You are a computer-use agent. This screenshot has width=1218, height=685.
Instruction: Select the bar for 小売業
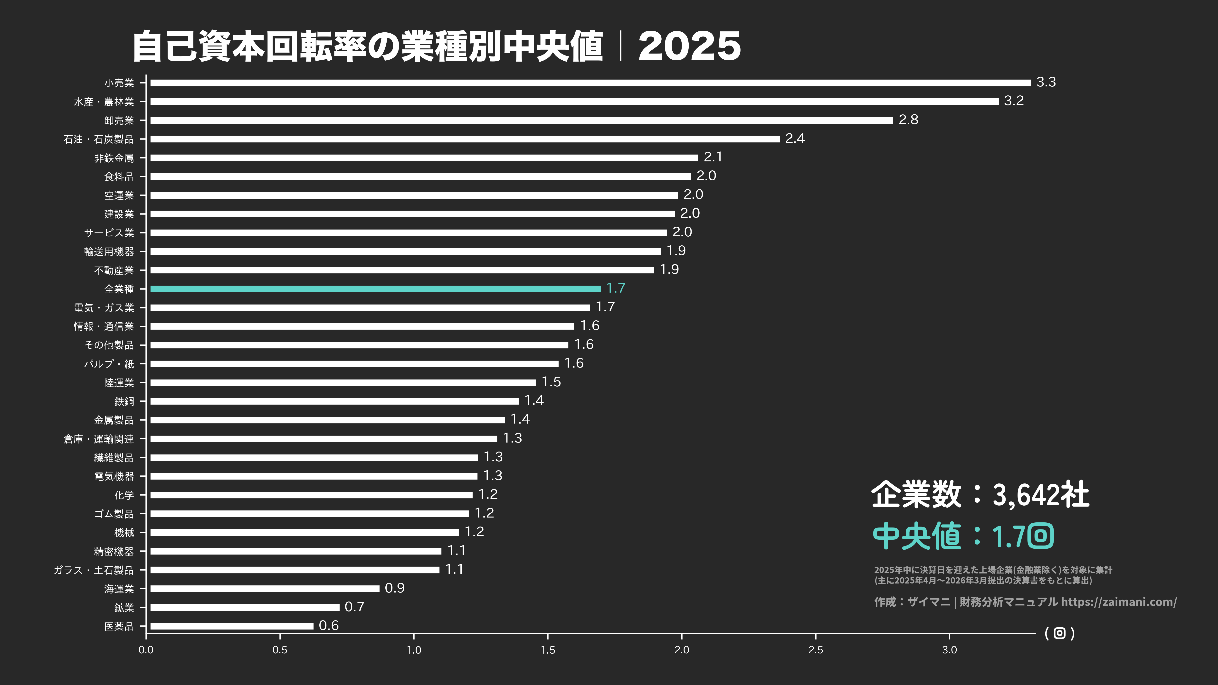(x=590, y=83)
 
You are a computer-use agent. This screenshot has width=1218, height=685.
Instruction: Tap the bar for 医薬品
(x=232, y=626)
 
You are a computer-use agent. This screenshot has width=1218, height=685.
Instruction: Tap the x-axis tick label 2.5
(x=816, y=650)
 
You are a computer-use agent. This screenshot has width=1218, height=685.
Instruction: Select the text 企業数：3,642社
(x=980, y=495)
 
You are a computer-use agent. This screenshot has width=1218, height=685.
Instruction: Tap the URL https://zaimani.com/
(x=1119, y=602)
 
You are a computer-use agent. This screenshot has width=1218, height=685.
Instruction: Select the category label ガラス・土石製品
(x=94, y=570)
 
